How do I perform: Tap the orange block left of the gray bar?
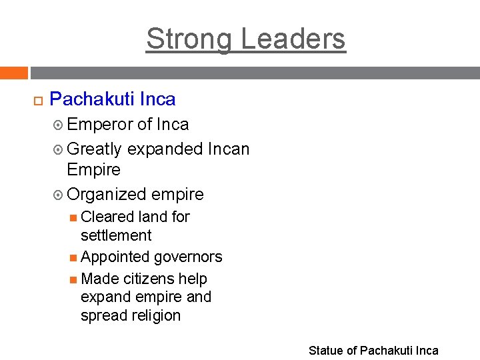(x=14, y=73)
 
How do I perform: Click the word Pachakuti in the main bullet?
(x=91, y=99)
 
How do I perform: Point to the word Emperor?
(x=100, y=124)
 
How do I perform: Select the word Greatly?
(x=95, y=149)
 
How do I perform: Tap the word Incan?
(x=228, y=149)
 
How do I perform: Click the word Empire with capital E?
(x=94, y=169)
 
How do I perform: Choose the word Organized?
(x=107, y=194)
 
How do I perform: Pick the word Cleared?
(x=107, y=217)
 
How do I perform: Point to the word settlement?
(x=116, y=235)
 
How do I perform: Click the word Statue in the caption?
(x=324, y=351)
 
